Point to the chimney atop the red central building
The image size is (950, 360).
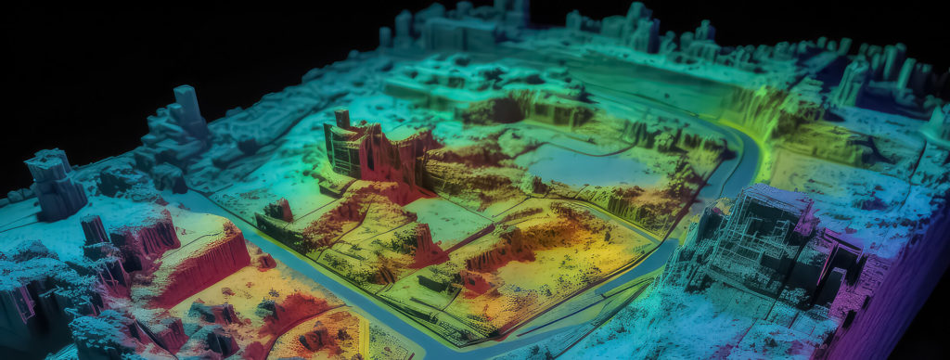[341, 120]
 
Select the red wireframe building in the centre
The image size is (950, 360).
[371, 153]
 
